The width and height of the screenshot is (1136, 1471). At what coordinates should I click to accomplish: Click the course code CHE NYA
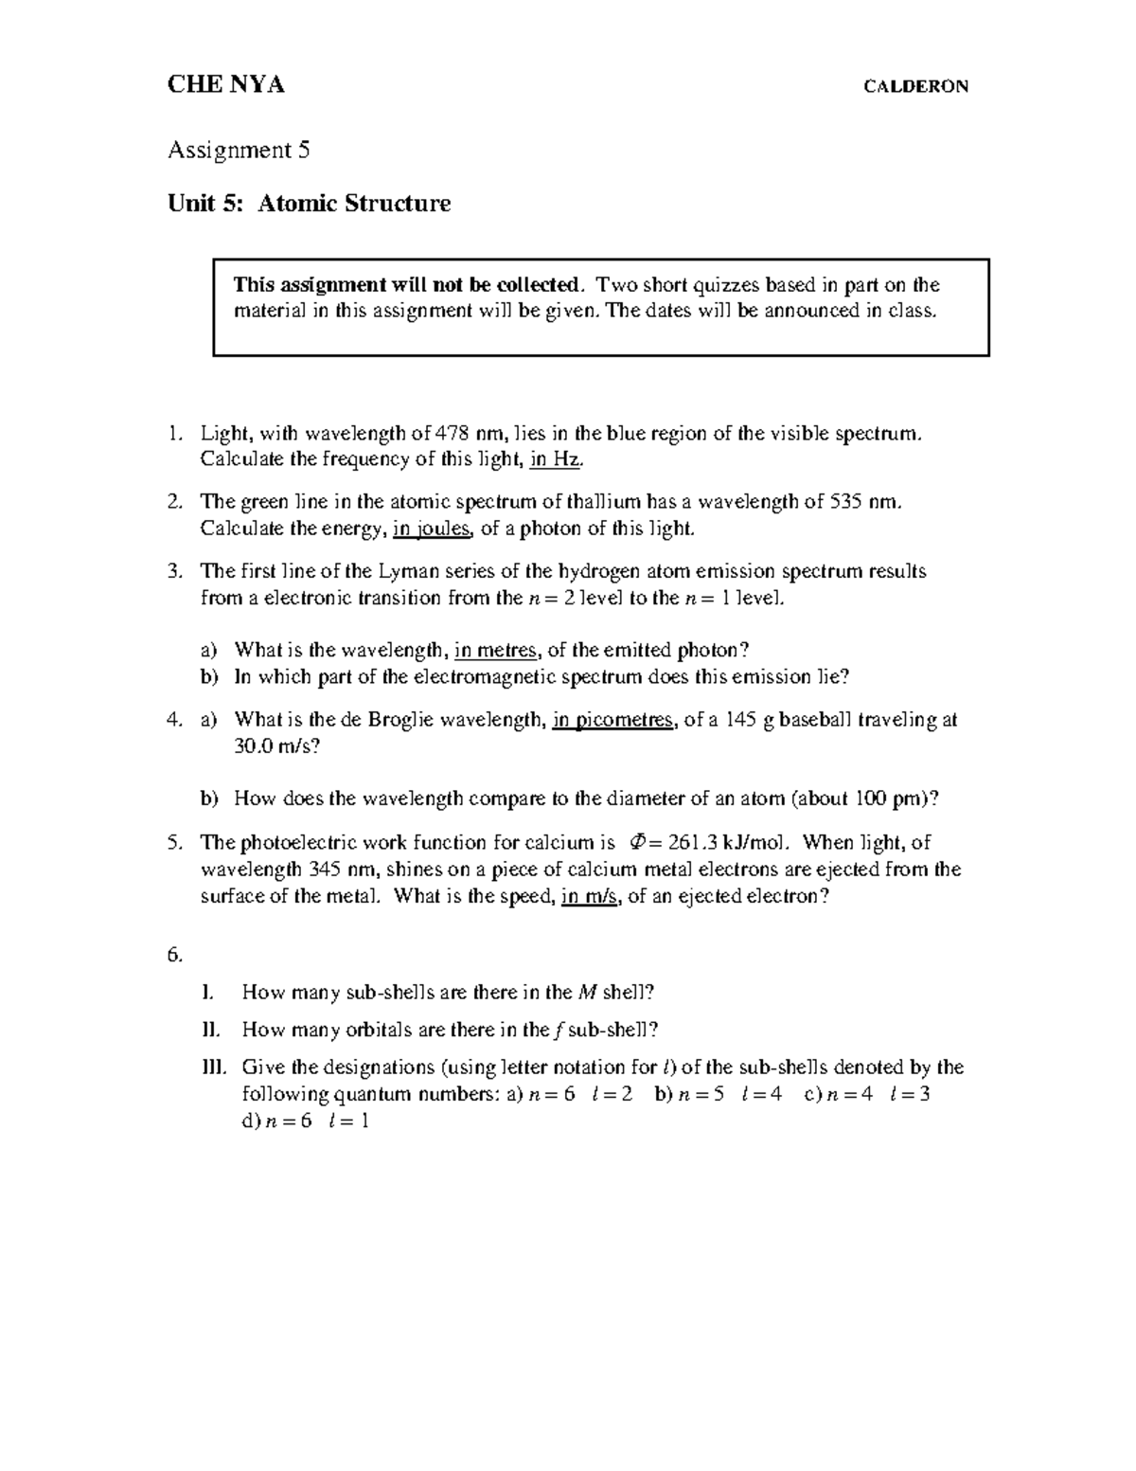[x=225, y=85]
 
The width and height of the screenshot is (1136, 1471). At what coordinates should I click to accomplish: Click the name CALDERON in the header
[x=915, y=87]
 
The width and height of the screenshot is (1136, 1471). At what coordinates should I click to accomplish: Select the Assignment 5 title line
[x=239, y=150]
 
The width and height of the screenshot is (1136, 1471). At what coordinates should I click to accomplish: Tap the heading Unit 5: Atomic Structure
[x=309, y=203]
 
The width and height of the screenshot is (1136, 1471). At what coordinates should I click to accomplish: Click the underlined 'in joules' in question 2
[x=431, y=529]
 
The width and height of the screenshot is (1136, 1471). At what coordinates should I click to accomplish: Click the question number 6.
[x=174, y=955]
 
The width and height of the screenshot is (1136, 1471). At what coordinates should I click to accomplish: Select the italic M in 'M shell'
[x=587, y=993]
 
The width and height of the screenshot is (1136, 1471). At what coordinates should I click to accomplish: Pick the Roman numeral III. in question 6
[x=215, y=1067]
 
